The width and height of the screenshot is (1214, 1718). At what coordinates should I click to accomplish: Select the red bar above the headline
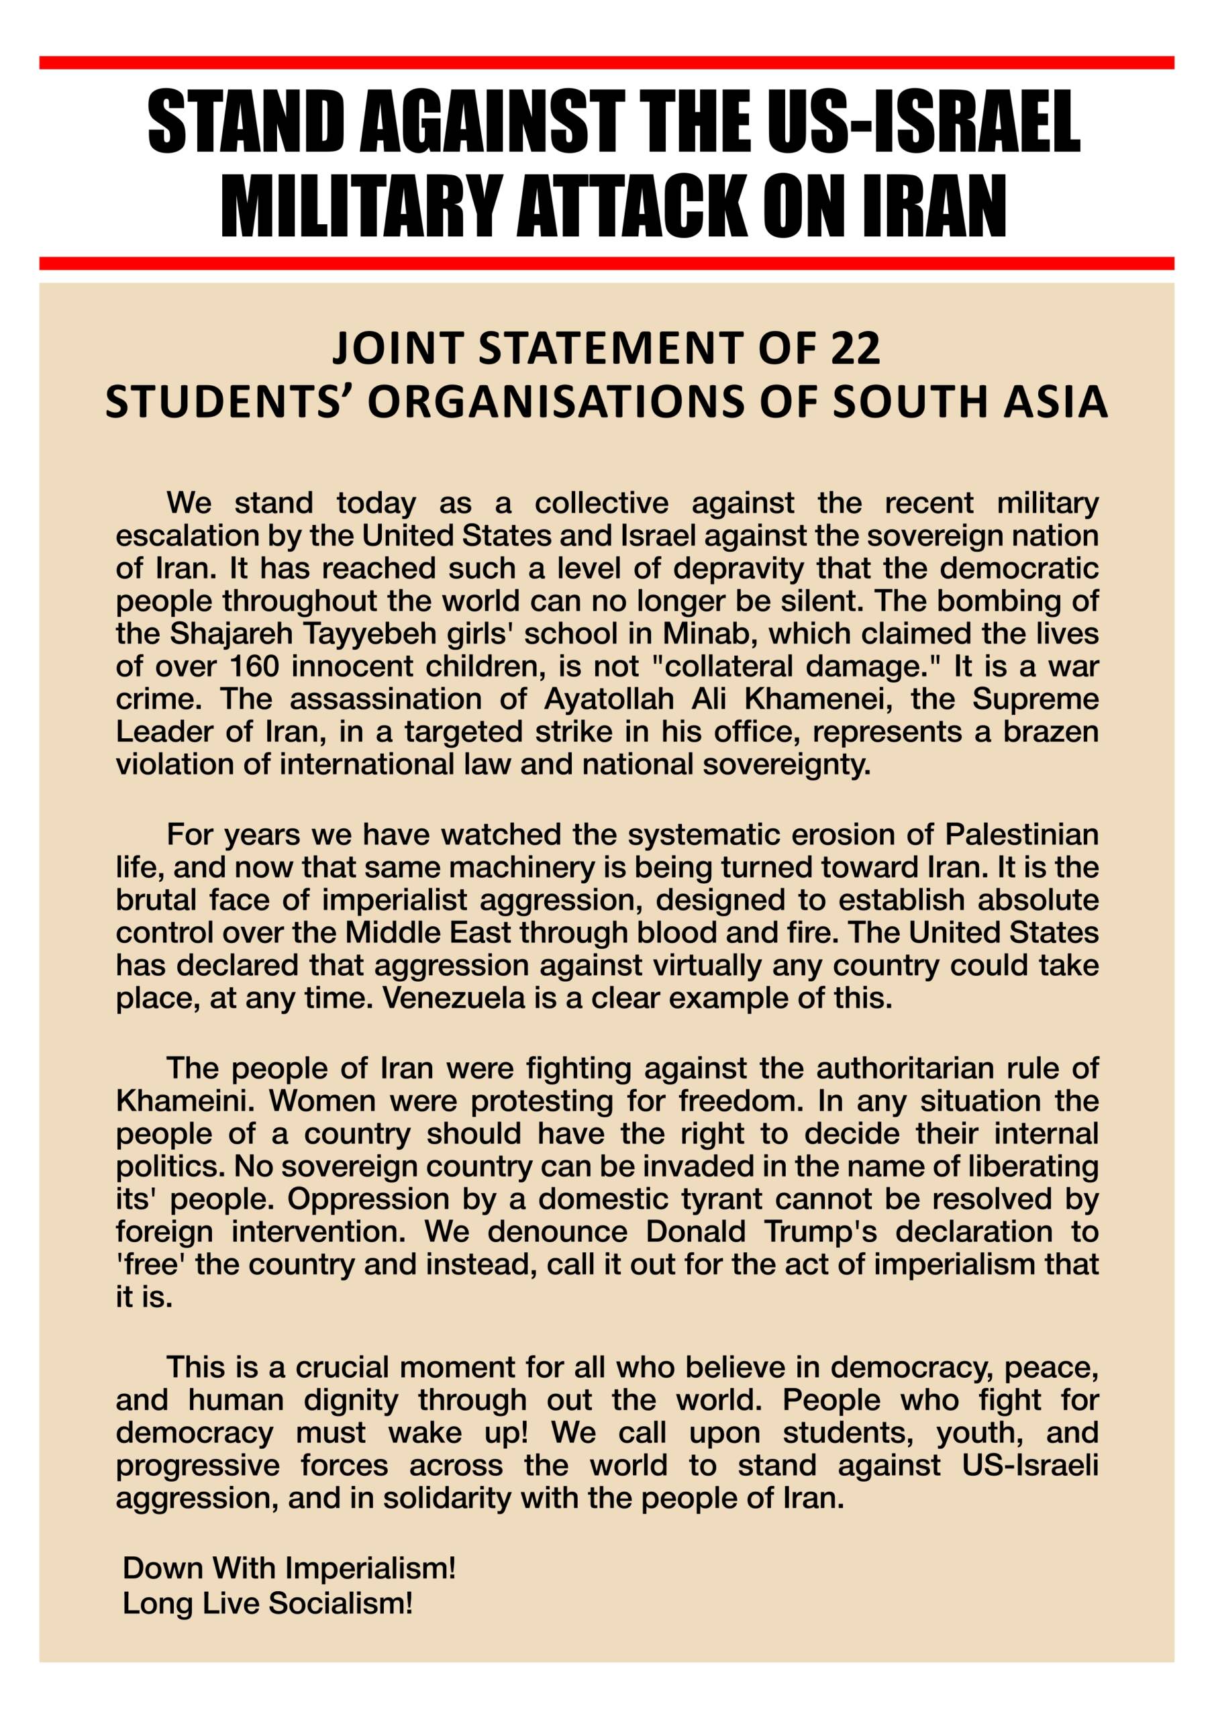(606, 62)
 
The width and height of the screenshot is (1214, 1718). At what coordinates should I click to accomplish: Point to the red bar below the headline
(606, 262)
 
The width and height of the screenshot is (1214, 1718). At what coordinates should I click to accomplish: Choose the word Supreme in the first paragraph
(1035, 698)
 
